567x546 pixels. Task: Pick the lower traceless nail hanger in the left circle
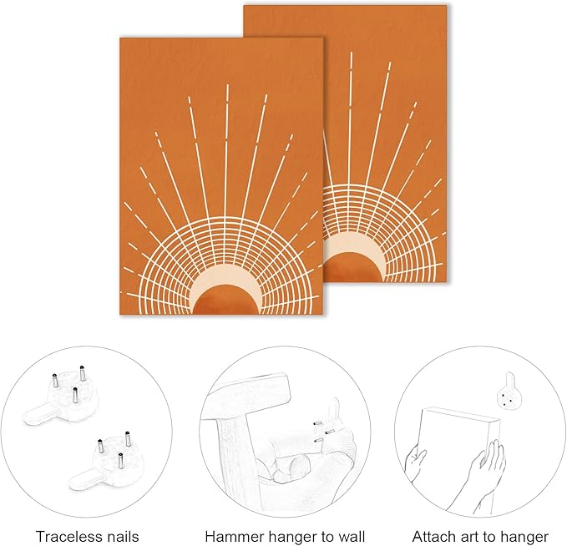[x=108, y=463]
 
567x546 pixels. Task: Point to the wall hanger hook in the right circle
[x=509, y=397]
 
